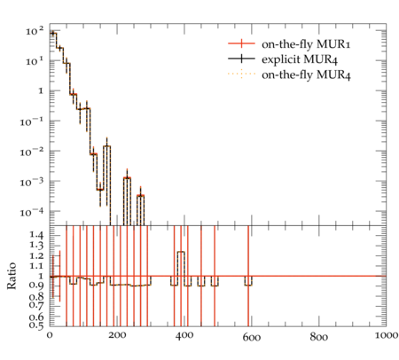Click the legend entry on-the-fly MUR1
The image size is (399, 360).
click(x=306, y=44)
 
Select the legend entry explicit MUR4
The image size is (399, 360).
click(x=300, y=59)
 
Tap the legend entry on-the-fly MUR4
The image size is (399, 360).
click(x=306, y=74)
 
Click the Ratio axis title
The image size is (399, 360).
click(x=12, y=276)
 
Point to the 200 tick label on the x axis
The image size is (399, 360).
click(x=117, y=335)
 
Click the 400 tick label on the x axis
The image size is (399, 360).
click(x=184, y=335)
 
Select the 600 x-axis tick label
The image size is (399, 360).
click(x=252, y=337)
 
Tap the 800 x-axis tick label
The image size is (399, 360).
click(x=319, y=337)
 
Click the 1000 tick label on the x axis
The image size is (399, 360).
click(x=386, y=335)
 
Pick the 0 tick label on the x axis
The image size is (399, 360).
click(x=50, y=335)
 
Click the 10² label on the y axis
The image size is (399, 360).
click(x=35, y=30)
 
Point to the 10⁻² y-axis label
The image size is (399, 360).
click(x=31, y=152)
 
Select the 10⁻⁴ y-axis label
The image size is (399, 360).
click(x=31, y=212)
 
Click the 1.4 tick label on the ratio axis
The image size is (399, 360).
click(x=36, y=236)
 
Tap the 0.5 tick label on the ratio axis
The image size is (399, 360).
click(x=36, y=325)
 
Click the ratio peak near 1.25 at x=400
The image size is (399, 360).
click(x=181, y=252)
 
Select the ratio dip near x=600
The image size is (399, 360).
click(x=248, y=285)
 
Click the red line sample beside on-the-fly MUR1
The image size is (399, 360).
click(x=241, y=43)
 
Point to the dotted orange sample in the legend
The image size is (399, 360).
click(x=241, y=74)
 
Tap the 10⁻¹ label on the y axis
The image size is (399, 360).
click(x=31, y=121)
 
